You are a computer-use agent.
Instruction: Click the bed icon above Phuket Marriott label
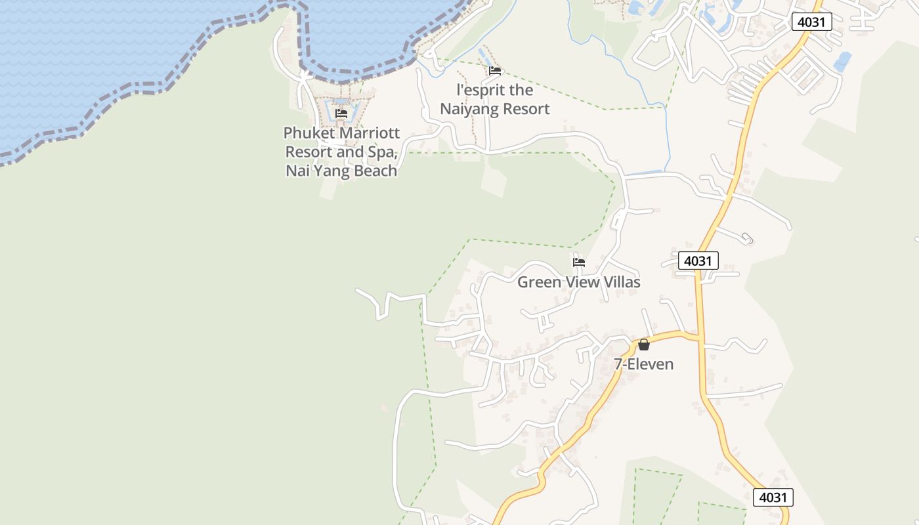[x=341, y=114]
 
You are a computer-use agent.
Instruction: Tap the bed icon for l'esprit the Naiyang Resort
[x=495, y=71]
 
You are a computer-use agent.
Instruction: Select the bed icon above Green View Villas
[x=579, y=262]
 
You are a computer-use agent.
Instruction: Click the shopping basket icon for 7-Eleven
[x=644, y=345]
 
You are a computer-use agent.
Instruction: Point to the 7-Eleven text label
[x=644, y=364]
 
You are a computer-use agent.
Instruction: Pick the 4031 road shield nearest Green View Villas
[x=698, y=261]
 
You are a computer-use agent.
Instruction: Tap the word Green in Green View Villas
[x=539, y=282]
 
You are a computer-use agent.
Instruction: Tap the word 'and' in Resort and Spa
[x=349, y=152]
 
